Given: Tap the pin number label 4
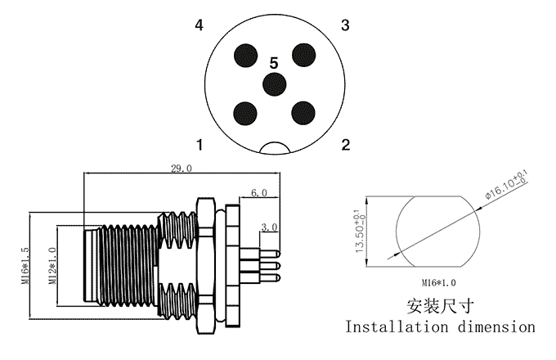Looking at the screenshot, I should click(x=199, y=26).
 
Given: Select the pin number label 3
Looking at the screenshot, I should click(x=345, y=26).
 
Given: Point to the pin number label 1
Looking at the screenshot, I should click(x=199, y=146).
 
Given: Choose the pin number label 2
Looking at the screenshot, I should click(x=345, y=146).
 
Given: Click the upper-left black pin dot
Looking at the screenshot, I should click(x=246, y=55).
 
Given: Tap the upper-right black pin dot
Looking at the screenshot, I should click(x=303, y=55).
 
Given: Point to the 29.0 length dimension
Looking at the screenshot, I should click(x=181, y=169).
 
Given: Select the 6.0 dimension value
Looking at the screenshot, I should click(x=259, y=193).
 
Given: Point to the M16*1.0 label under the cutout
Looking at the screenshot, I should click(x=435, y=282).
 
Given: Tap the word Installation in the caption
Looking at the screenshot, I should click(x=397, y=327).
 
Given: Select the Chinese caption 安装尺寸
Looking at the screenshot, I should click(x=440, y=306).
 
